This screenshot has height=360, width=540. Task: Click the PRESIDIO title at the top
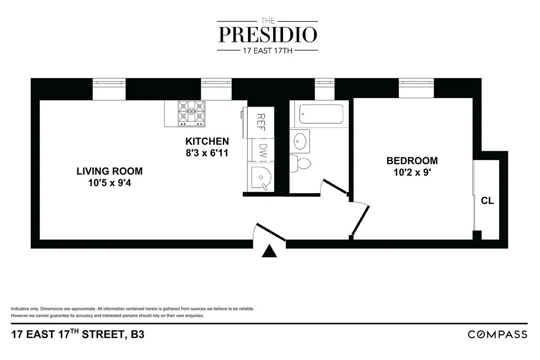click(x=268, y=34)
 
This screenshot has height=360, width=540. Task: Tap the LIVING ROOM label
click(x=109, y=171)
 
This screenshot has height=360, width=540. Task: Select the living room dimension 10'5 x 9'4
click(x=109, y=183)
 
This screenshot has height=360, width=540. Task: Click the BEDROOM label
click(x=412, y=161)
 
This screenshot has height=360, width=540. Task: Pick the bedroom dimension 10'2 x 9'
click(x=412, y=172)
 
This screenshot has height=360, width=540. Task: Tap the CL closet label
click(x=487, y=201)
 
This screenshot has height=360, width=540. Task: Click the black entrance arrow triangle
click(x=270, y=252)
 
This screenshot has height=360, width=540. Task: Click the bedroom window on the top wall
click(x=416, y=88)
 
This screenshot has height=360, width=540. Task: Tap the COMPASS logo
click(x=497, y=334)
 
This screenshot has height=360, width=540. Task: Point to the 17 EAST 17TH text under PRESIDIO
click(x=268, y=50)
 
